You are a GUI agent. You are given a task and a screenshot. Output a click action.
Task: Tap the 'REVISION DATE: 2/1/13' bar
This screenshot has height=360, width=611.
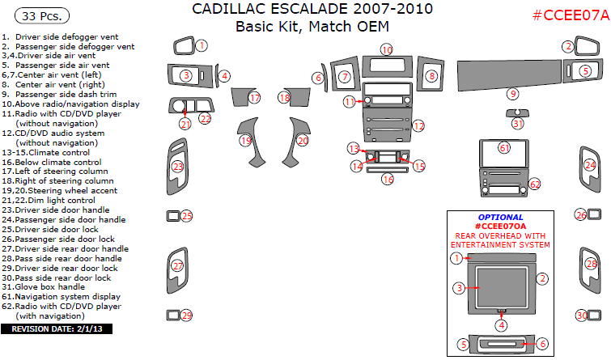(57, 329)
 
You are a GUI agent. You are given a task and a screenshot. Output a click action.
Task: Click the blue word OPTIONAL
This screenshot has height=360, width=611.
(500, 218)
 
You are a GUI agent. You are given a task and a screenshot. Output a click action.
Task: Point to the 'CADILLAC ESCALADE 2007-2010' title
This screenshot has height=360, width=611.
(312, 10)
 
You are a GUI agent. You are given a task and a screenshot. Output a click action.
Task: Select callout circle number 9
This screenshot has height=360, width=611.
(512, 94)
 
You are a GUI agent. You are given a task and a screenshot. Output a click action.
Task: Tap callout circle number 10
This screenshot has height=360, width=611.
(387, 50)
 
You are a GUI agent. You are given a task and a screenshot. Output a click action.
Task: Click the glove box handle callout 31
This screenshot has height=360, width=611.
(517, 124)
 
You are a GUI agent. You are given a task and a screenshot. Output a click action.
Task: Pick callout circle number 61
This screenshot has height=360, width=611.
(504, 148)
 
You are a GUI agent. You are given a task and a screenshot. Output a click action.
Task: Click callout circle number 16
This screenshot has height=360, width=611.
(388, 178)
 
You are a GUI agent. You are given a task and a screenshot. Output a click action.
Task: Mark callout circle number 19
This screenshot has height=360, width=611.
(245, 140)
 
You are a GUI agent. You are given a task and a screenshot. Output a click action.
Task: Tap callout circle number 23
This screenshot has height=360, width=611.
(178, 167)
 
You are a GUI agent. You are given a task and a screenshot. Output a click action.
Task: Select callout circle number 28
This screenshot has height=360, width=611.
(592, 264)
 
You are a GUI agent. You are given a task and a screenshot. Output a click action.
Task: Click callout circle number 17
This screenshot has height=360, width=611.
(255, 98)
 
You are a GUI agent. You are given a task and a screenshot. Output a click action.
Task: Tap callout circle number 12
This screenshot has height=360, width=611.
(418, 125)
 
